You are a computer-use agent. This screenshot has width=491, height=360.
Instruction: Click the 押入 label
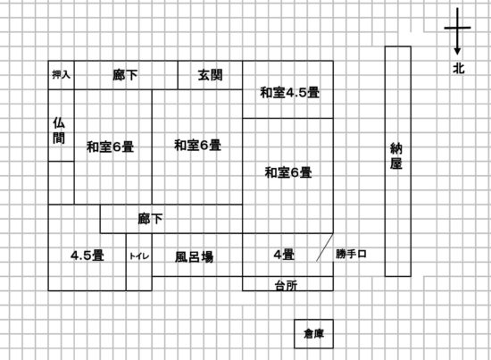pyautogui.click(x=61, y=74)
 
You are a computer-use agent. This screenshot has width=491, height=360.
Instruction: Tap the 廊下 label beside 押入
pyautogui.click(x=125, y=75)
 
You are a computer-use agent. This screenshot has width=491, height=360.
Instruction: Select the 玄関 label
pyautogui.click(x=210, y=75)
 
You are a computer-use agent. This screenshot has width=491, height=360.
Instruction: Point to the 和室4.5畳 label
pyautogui.click(x=289, y=92)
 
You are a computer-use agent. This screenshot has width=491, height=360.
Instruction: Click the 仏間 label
pyautogui.click(x=59, y=130)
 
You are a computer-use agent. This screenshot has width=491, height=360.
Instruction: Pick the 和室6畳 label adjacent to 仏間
pyautogui.click(x=110, y=147)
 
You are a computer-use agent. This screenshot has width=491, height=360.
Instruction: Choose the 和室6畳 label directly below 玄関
pyautogui.click(x=197, y=145)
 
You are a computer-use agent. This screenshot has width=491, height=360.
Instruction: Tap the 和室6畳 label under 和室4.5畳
pyautogui.click(x=288, y=172)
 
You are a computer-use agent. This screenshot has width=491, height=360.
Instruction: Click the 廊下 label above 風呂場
pyautogui.click(x=150, y=219)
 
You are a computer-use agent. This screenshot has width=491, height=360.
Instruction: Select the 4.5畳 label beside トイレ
pyautogui.click(x=87, y=255)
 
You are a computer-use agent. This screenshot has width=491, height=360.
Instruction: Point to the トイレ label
pyautogui.click(x=139, y=256)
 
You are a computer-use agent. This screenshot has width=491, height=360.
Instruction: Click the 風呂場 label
pyautogui.click(x=194, y=257)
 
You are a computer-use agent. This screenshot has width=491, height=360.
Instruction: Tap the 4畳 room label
pyautogui.click(x=284, y=255)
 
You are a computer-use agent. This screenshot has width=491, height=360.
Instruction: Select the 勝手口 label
pyautogui.click(x=351, y=254)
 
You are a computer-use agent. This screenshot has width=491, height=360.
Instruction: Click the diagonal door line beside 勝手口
pyautogui.click(x=325, y=247)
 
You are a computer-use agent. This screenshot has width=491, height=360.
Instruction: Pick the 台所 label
pyautogui.click(x=286, y=286)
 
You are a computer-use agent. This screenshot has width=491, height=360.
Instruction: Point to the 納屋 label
pyautogui.click(x=396, y=155)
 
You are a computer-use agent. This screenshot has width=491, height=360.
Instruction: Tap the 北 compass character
pyautogui.click(x=459, y=68)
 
